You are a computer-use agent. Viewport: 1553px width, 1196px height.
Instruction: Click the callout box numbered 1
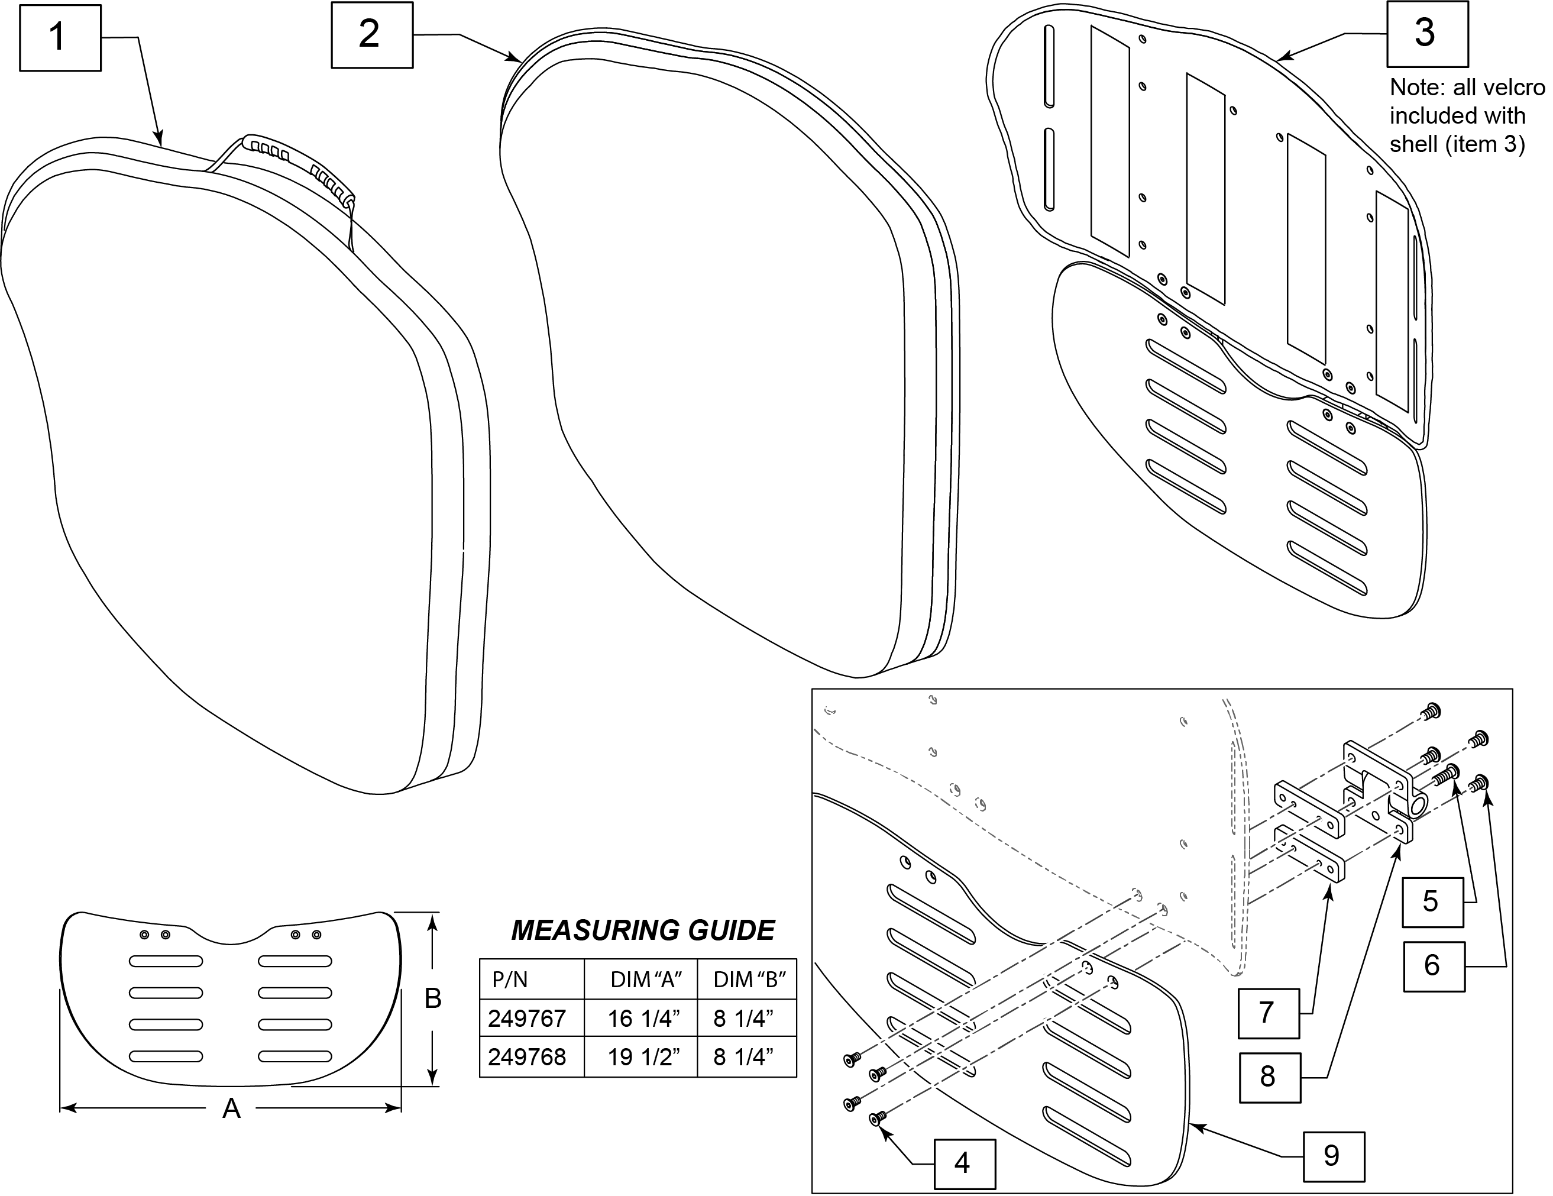pos(60,38)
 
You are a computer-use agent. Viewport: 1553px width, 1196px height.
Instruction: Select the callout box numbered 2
pos(372,35)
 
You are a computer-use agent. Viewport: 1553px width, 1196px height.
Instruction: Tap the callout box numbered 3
pos(1426,34)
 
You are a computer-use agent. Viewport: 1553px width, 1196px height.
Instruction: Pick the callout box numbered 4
pos(963,1163)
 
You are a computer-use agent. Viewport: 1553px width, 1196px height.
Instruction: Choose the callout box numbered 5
pos(1432,901)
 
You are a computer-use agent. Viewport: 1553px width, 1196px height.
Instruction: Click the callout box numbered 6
pos(1434,966)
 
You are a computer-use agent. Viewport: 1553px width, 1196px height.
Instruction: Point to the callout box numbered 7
pos(1269,1013)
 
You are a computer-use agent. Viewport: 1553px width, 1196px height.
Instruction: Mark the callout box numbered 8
pos(1269,1077)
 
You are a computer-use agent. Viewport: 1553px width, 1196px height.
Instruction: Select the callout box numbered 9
pos(1332,1155)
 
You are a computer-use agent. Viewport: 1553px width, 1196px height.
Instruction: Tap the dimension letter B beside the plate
pos(432,998)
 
